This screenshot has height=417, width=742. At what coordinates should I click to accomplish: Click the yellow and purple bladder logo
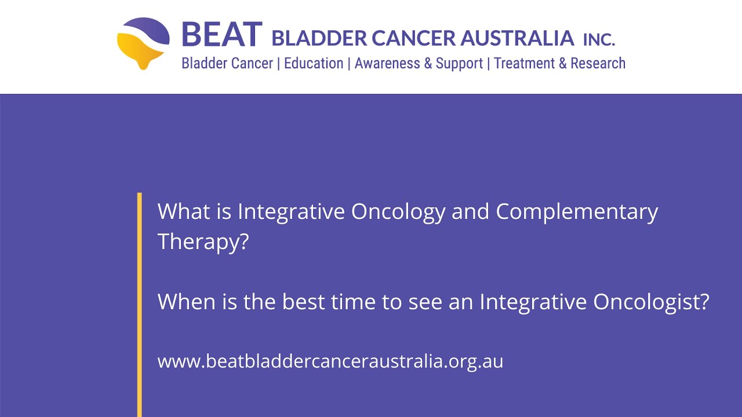pos(143,43)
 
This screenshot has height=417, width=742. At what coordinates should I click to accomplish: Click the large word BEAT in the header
pos(222,35)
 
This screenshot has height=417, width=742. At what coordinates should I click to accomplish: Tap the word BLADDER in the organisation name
pos(319,38)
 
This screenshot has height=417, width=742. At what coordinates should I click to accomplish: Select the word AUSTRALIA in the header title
pos(517,38)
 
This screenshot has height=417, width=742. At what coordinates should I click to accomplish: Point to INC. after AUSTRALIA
pos(599,39)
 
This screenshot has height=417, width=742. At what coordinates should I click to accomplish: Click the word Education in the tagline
pos(314,63)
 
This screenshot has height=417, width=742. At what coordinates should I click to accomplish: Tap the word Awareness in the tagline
pos(387,63)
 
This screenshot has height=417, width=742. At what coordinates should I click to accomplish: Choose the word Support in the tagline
pos(459,64)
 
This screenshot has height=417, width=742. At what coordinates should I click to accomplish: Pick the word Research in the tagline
pos(598,63)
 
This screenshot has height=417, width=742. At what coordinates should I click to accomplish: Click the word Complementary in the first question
pos(577,212)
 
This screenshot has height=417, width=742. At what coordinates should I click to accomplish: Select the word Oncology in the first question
pos(398,212)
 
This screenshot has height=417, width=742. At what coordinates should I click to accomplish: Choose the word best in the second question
pos(303,302)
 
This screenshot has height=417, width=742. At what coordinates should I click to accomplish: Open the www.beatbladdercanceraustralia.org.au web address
pos(330,361)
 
